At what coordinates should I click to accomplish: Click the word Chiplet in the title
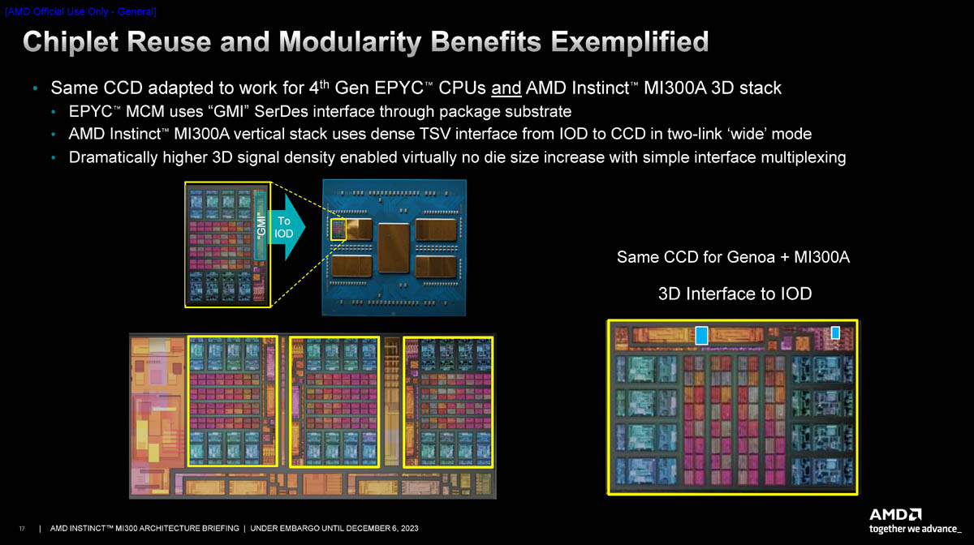coord(71,42)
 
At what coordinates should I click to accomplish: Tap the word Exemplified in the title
coord(630,42)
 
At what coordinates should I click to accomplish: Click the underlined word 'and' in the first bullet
coord(506,88)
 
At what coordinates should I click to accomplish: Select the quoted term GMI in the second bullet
coord(228,112)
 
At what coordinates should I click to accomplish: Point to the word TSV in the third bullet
coord(435,134)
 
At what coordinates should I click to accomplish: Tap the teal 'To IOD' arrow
coord(287,227)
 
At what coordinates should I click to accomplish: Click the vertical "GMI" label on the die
coord(261,225)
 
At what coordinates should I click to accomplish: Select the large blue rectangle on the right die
coord(701,336)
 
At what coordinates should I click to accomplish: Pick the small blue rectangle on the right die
coord(835,333)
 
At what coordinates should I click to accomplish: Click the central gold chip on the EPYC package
coord(394,247)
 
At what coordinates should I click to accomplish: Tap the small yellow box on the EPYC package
coord(338,230)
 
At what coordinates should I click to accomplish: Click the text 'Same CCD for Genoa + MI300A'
coord(733,257)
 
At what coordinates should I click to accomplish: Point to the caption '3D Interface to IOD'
coord(735,294)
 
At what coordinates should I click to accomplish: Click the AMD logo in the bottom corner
coord(895,515)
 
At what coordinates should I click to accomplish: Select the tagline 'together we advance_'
coord(916,529)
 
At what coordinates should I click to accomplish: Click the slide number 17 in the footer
coord(22,529)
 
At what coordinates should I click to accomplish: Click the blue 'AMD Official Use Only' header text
coord(81,11)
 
